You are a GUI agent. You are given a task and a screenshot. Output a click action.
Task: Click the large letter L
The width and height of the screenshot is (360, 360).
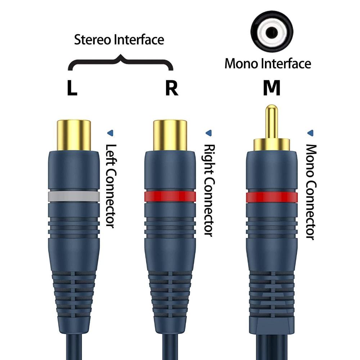point(72,89)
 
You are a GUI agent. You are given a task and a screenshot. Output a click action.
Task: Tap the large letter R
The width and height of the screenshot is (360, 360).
point(171,89)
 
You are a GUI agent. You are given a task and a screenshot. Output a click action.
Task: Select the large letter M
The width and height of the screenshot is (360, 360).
point(271,89)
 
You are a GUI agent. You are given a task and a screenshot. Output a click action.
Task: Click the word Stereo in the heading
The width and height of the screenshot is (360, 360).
point(93,40)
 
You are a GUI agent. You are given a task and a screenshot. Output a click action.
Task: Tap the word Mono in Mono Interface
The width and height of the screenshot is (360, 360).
point(241,64)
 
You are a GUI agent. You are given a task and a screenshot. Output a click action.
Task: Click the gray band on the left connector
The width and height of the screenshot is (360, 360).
point(74,196)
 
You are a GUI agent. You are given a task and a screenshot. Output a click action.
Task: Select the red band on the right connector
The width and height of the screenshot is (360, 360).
point(170,196)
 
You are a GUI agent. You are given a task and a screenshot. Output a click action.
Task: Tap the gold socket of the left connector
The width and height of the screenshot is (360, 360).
point(74,135)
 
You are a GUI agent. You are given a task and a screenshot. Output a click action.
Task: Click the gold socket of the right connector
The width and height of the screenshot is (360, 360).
point(170,135)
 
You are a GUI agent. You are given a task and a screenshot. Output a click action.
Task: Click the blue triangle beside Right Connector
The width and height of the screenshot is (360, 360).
point(208,133)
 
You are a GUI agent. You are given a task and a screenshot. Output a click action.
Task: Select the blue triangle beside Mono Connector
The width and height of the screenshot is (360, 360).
point(310,133)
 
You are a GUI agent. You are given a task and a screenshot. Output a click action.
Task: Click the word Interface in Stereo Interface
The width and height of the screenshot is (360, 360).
point(139,40)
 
